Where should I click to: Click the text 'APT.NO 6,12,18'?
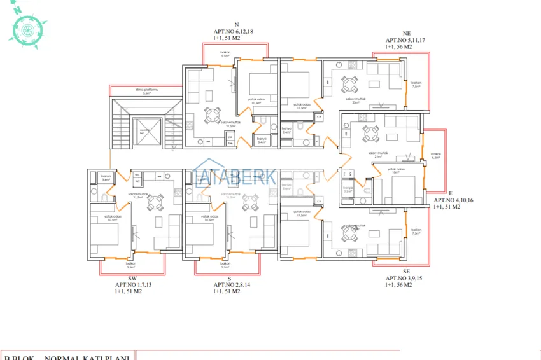coord(234,31)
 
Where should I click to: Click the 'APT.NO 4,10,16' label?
coord(453,200)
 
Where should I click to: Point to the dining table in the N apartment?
coord(212,116)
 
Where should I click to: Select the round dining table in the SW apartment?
coord(155,202)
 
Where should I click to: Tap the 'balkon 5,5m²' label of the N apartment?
coord(225,55)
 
